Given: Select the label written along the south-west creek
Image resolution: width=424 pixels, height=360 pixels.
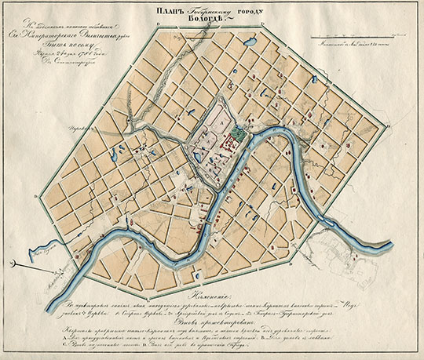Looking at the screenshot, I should pyautogui.click(x=41, y=253).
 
